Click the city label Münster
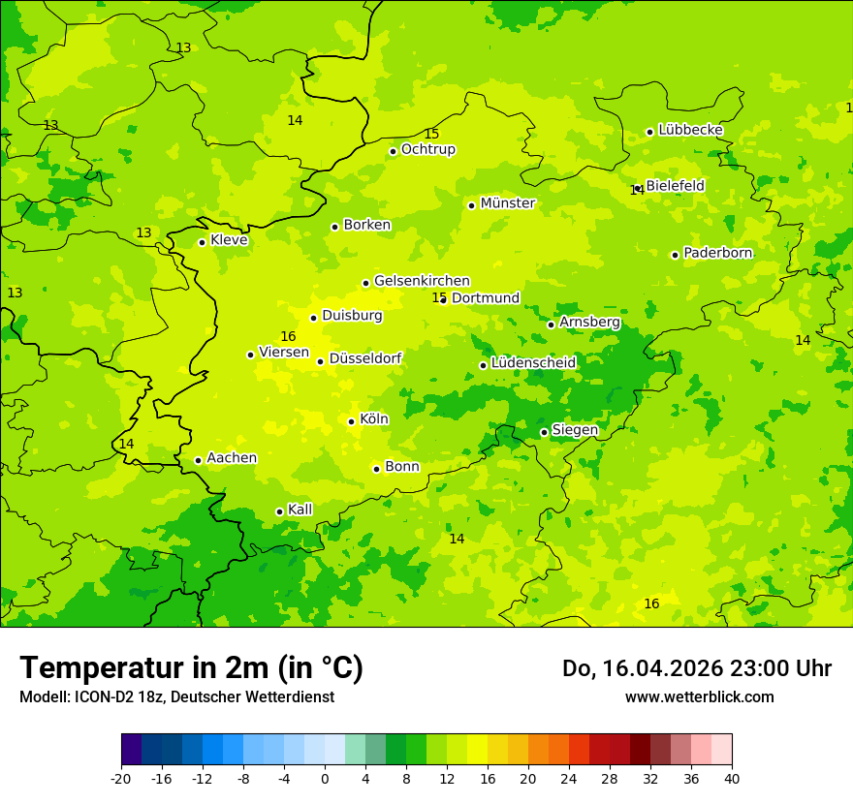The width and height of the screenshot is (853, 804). click(x=508, y=203)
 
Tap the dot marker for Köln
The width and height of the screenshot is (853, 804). click(x=351, y=421)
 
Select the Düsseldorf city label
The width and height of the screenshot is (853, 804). click(x=365, y=359)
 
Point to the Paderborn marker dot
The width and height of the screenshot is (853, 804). click(x=675, y=255)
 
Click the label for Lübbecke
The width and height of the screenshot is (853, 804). click(x=690, y=130)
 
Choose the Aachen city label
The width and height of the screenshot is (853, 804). click(x=232, y=458)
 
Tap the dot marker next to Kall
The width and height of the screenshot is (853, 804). click(x=279, y=511)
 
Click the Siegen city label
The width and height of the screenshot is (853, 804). click(x=575, y=430)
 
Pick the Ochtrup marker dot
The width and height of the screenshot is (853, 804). click(x=393, y=151)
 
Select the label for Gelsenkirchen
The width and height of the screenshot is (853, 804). click(x=422, y=281)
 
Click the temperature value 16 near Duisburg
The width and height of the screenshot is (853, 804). click(x=288, y=336)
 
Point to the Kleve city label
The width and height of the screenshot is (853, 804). click(x=229, y=240)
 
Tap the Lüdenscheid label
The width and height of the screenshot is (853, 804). click(x=533, y=363)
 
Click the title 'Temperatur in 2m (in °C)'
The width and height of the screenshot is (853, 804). click(x=191, y=668)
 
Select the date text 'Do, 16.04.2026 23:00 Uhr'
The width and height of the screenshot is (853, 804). click(x=696, y=668)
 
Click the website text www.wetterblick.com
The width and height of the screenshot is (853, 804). click(x=699, y=697)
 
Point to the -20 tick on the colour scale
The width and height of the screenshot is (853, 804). click(x=121, y=779)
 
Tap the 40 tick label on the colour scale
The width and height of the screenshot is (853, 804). click(x=732, y=779)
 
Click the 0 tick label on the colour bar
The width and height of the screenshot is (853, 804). click(x=325, y=779)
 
